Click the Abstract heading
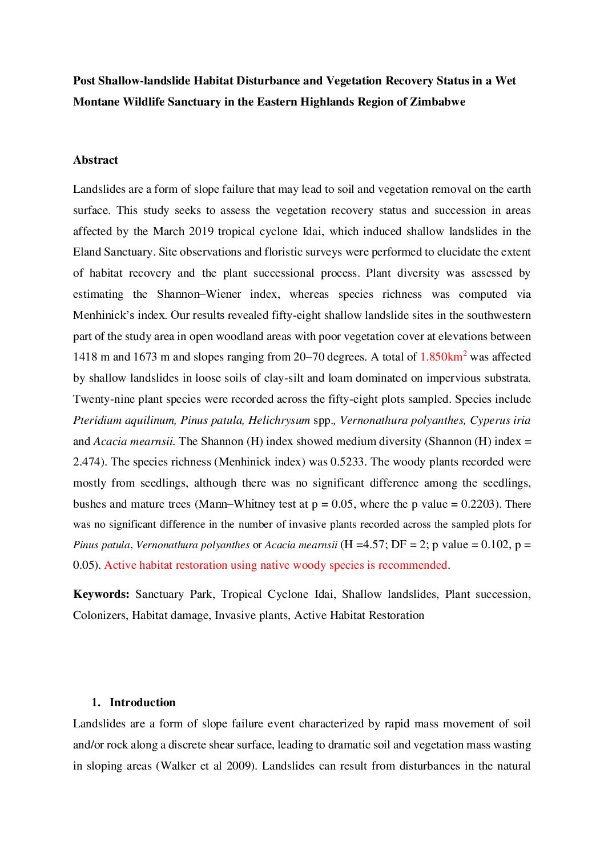pyautogui.click(x=95, y=160)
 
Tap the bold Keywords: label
pyautogui.click(x=101, y=594)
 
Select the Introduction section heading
pyautogui.click(x=142, y=703)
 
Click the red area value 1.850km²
pyautogui.click(x=443, y=357)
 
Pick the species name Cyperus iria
pyautogui.click(x=500, y=420)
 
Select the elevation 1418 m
pyautogui.click(x=91, y=357)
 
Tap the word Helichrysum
pyautogui.click(x=279, y=420)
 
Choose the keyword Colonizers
pyautogui.click(x=98, y=616)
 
